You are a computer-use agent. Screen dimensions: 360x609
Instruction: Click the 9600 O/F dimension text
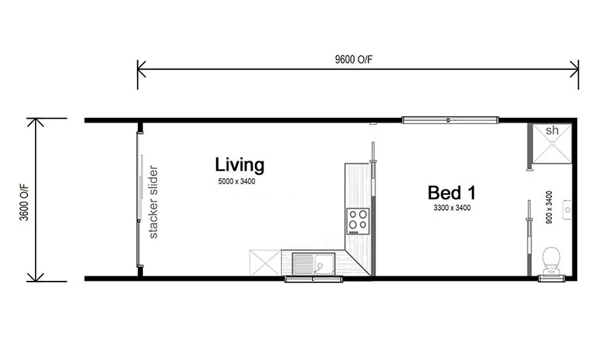coord(358,60)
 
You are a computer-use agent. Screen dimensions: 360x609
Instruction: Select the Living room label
coord(239,164)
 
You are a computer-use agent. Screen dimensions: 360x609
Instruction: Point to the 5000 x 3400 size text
coord(238,182)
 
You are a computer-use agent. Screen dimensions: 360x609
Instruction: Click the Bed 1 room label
coord(451,192)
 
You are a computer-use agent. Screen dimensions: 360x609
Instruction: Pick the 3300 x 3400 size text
coord(451,207)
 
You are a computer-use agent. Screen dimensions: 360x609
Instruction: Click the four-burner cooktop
coord(358,220)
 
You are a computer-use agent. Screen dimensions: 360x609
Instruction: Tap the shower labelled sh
coord(552,143)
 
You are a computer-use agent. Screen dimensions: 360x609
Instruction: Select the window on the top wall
coord(450,119)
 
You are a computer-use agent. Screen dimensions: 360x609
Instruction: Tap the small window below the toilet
coord(551,279)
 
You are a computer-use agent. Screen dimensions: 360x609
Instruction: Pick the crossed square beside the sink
coord(266,263)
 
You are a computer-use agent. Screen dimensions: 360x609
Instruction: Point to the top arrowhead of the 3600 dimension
coord(37,122)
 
